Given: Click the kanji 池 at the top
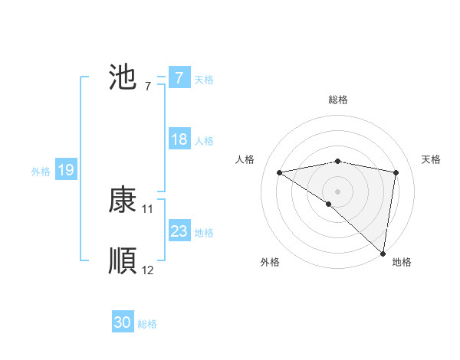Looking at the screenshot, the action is pyautogui.click(x=123, y=77).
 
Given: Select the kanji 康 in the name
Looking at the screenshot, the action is pyautogui.click(x=123, y=201).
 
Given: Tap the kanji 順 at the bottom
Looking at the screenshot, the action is pyautogui.click(x=123, y=261).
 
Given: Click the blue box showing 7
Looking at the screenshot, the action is pyautogui.click(x=179, y=77).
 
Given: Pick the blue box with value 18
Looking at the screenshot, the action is pyautogui.click(x=179, y=139).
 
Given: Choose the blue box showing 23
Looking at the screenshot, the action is pyautogui.click(x=179, y=231).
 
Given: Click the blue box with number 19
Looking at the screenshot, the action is pyautogui.click(x=65, y=170).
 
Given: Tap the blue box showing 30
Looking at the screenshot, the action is pyautogui.click(x=122, y=322).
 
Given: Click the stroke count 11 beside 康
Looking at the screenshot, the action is pyautogui.click(x=148, y=208).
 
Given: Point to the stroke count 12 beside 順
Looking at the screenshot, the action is pyautogui.click(x=148, y=270).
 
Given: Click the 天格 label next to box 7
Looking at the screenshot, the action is pyautogui.click(x=204, y=79).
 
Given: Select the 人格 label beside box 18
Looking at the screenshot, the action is pyautogui.click(x=204, y=141).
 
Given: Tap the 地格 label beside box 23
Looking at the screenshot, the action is pyautogui.click(x=204, y=233).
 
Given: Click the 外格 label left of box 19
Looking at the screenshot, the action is pyautogui.click(x=41, y=172).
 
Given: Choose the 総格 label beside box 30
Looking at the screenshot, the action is pyautogui.click(x=147, y=324).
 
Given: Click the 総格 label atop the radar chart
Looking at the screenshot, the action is pyautogui.click(x=337, y=100).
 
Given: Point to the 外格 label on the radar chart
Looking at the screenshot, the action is pyautogui.click(x=270, y=262).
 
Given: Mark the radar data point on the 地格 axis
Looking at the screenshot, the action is pyautogui.click(x=383, y=253).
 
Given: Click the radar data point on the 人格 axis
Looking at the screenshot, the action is pyautogui.click(x=279, y=172).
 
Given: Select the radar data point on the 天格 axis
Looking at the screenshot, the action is pyautogui.click(x=396, y=172).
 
